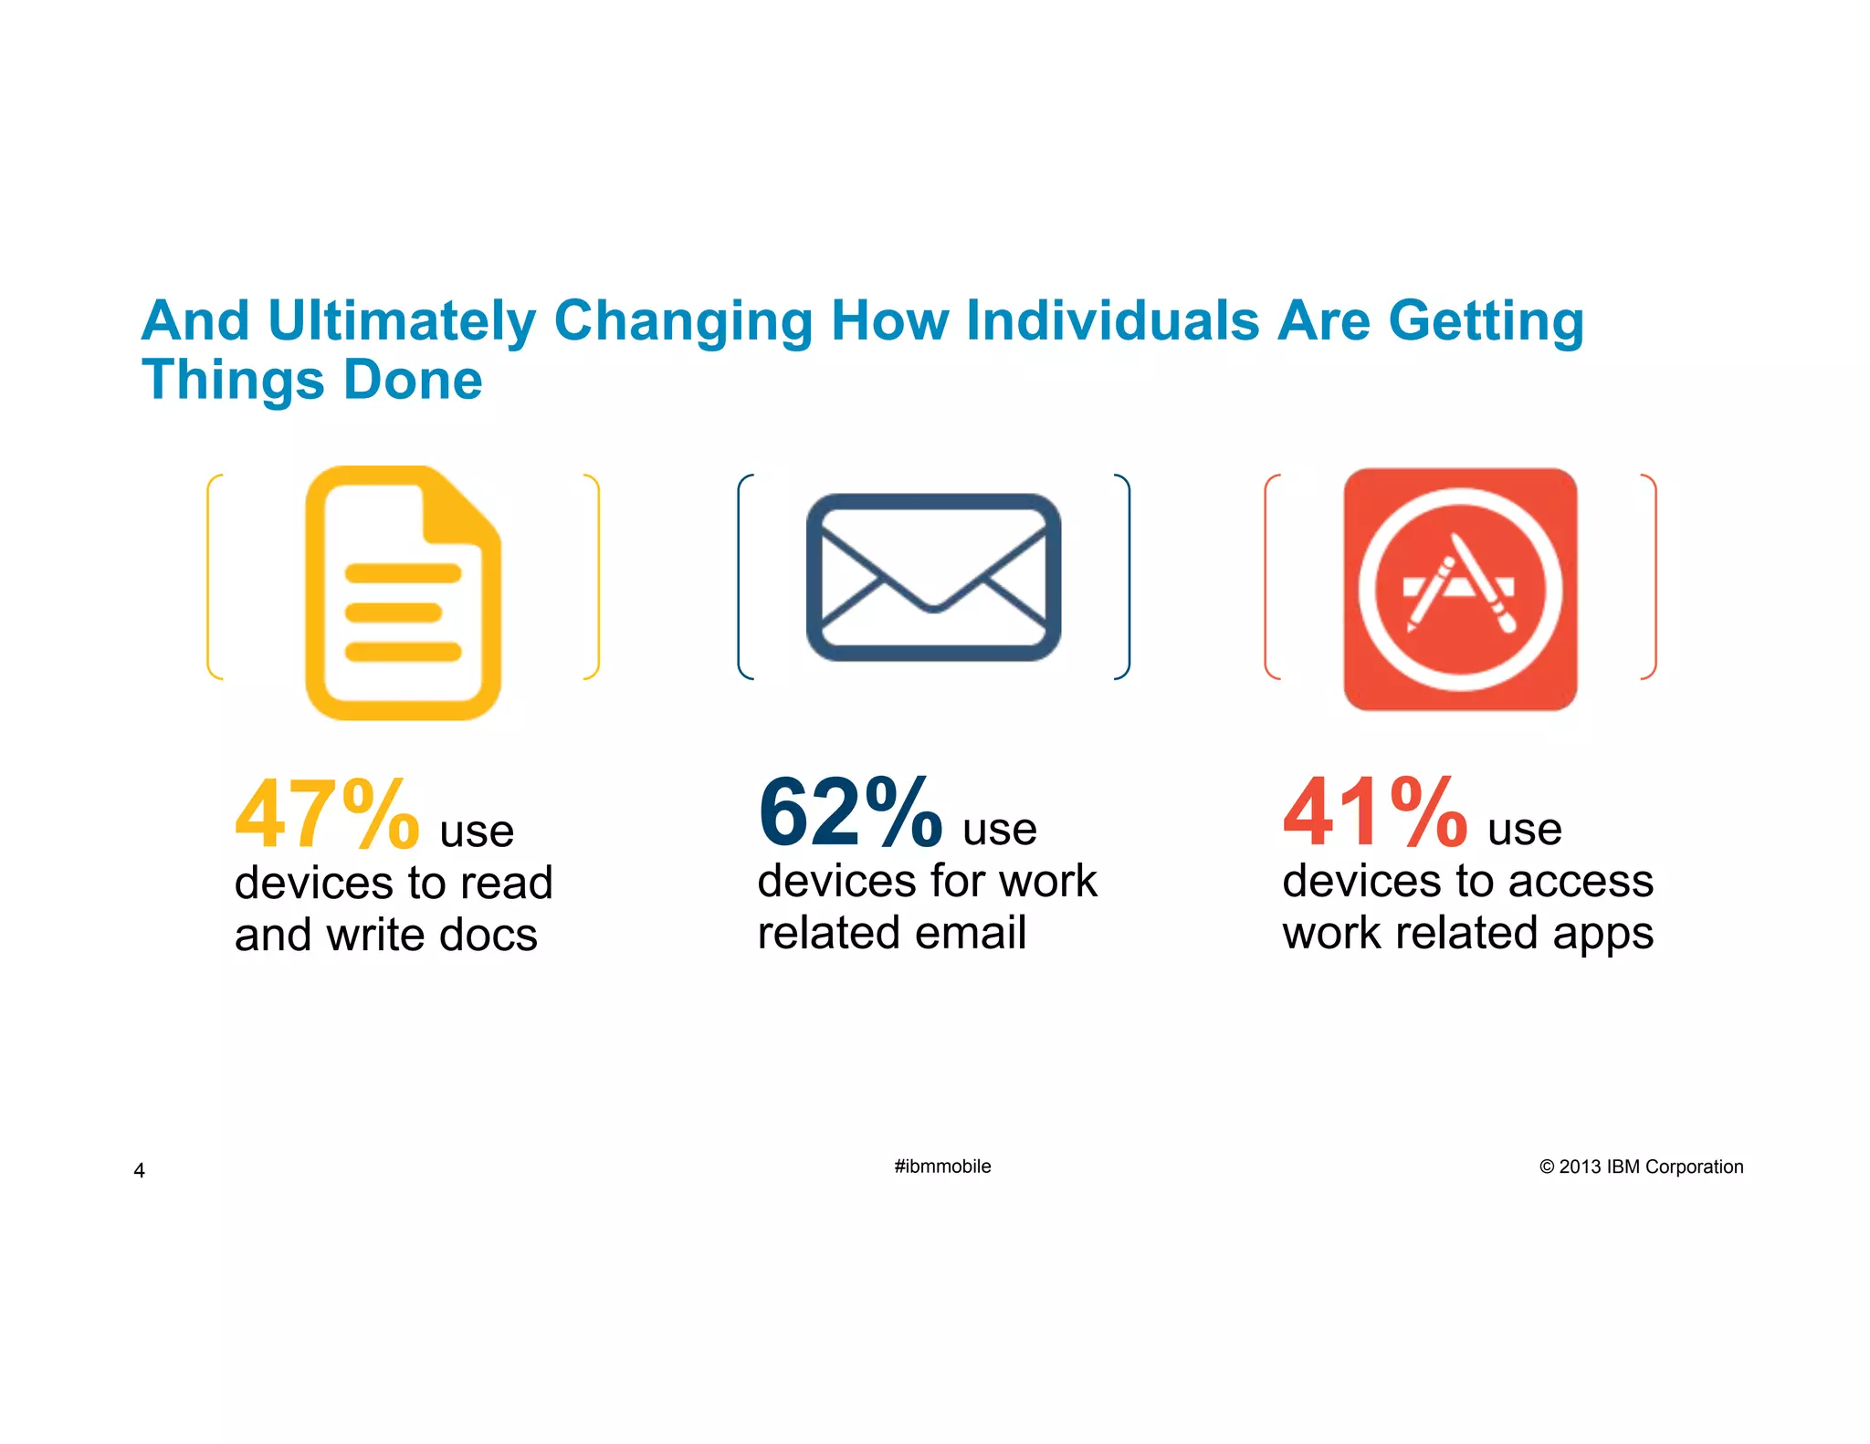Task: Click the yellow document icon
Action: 403,593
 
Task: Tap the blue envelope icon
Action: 933,577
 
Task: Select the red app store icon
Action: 1460,589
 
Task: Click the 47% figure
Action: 327,814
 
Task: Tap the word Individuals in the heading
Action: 1113,321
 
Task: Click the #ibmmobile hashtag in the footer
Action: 942,1167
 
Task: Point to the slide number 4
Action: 139,1170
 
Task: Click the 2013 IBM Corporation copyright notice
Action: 1641,1167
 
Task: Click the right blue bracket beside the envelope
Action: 1127,577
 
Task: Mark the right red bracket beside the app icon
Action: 1653,577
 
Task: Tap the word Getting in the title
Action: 1486,321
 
